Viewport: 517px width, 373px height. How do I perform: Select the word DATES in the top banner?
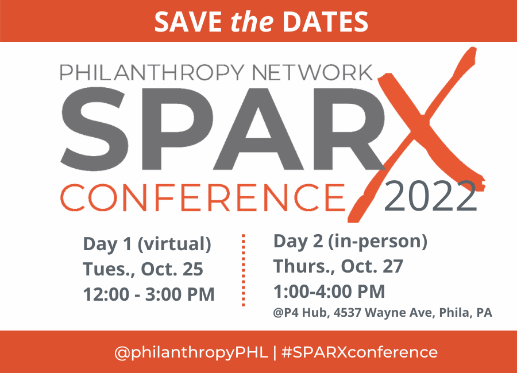[325, 21]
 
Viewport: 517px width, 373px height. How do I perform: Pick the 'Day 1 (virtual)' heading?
[147, 244]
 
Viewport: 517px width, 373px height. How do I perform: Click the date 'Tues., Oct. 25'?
[143, 269]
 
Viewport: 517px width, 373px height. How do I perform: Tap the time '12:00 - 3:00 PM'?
[149, 294]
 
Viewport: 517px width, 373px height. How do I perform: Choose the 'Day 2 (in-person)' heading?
[350, 242]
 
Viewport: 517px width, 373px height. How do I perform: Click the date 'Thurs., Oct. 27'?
[338, 267]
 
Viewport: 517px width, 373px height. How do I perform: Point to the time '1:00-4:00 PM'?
[329, 292]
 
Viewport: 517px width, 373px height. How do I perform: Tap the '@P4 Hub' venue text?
[297, 314]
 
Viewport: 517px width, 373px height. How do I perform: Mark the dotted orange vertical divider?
[244, 270]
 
